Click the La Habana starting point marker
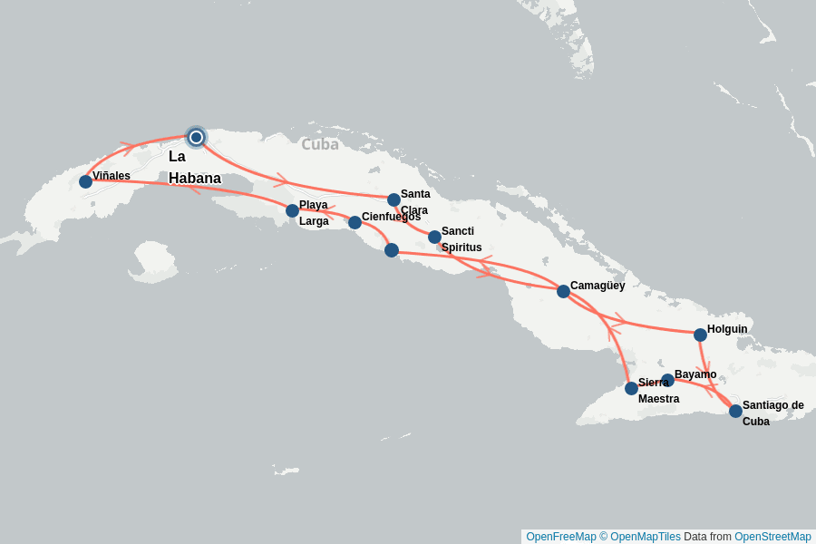click(x=196, y=137)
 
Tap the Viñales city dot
click(x=85, y=181)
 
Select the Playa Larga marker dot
click(x=292, y=210)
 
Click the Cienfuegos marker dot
click(x=355, y=222)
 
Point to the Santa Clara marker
click(x=393, y=199)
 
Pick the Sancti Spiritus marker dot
click(x=434, y=237)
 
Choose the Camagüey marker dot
click(x=563, y=291)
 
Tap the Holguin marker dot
click(x=700, y=335)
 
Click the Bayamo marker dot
click(x=667, y=380)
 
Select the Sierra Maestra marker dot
click(x=631, y=388)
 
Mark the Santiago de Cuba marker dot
click(x=735, y=411)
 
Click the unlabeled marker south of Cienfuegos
click(x=391, y=250)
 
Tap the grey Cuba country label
click(x=320, y=144)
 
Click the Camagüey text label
click(x=597, y=285)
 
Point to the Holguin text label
click(x=727, y=328)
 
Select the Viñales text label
click(x=112, y=175)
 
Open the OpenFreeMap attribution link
click(x=560, y=537)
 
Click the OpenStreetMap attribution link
click(x=772, y=537)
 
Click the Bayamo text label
click(x=695, y=374)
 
